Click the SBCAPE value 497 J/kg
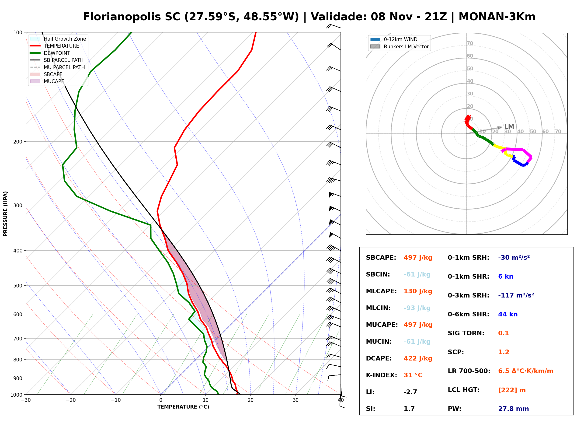click(x=418, y=258)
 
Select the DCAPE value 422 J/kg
click(x=418, y=358)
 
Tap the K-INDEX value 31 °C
click(x=413, y=375)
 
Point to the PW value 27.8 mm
click(x=514, y=409)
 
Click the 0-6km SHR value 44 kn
click(x=508, y=314)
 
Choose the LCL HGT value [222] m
click(x=512, y=390)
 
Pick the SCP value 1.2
click(x=504, y=352)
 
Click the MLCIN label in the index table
click(x=378, y=308)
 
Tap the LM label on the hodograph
click(x=509, y=127)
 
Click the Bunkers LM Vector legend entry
click(x=399, y=46)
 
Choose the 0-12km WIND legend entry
click(x=394, y=39)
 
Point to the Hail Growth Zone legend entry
click(x=58, y=39)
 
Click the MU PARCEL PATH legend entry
click(x=57, y=67)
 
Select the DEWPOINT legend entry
click(x=50, y=53)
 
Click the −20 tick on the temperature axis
click(x=70, y=400)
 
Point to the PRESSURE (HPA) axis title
click(x=5, y=214)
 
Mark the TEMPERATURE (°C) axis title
click(x=183, y=407)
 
